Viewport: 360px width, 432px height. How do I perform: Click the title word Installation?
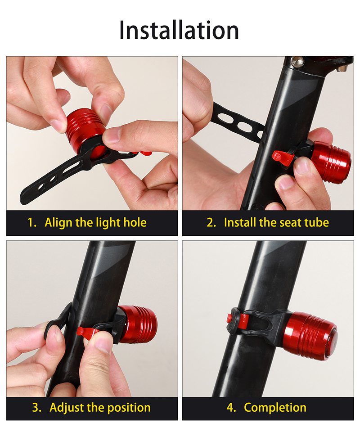[x=179, y=30]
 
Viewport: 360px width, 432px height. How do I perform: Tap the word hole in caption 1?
[x=135, y=222]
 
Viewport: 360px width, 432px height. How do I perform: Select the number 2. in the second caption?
[x=211, y=223]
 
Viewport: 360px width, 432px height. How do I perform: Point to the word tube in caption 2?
[x=317, y=222]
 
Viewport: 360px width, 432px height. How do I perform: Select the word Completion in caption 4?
[x=275, y=408]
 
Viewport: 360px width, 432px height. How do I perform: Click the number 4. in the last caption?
[x=231, y=408]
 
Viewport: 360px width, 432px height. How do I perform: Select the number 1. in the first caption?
[x=32, y=223]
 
